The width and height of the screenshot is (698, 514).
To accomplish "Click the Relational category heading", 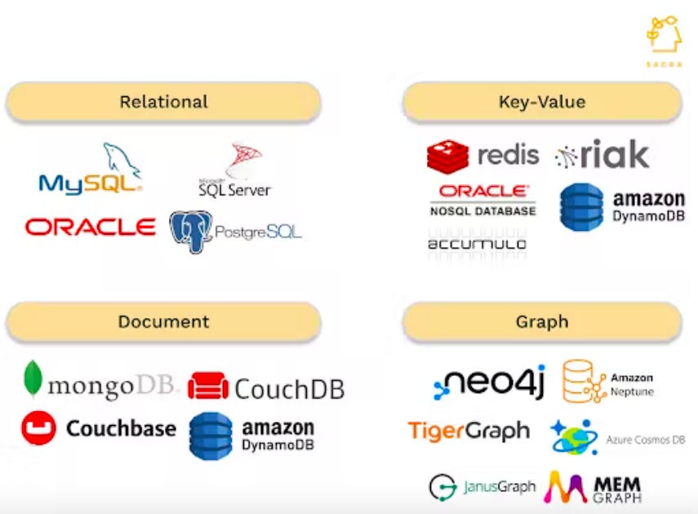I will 163,102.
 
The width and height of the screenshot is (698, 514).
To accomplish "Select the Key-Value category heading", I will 541,102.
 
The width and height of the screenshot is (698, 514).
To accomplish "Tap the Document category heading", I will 163,321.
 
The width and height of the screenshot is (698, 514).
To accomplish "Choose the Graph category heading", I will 541,321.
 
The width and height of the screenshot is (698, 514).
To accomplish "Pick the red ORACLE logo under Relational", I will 90,227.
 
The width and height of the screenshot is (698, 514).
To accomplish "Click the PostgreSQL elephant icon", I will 190,231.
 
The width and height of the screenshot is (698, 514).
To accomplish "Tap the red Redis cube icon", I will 447,156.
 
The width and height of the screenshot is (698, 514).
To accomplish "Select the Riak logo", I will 602,154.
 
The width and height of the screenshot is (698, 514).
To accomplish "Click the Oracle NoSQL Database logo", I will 482,199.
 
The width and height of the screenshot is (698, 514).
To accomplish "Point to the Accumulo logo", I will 477,243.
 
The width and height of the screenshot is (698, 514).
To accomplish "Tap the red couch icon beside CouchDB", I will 208,386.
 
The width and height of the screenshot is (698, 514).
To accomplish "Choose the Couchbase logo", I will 99,428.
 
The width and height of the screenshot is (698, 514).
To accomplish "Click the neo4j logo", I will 489,382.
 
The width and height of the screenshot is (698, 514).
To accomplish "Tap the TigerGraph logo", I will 469,431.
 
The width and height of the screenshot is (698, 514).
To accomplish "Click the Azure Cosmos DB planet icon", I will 574,438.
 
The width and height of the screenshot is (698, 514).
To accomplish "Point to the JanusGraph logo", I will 482,487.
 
